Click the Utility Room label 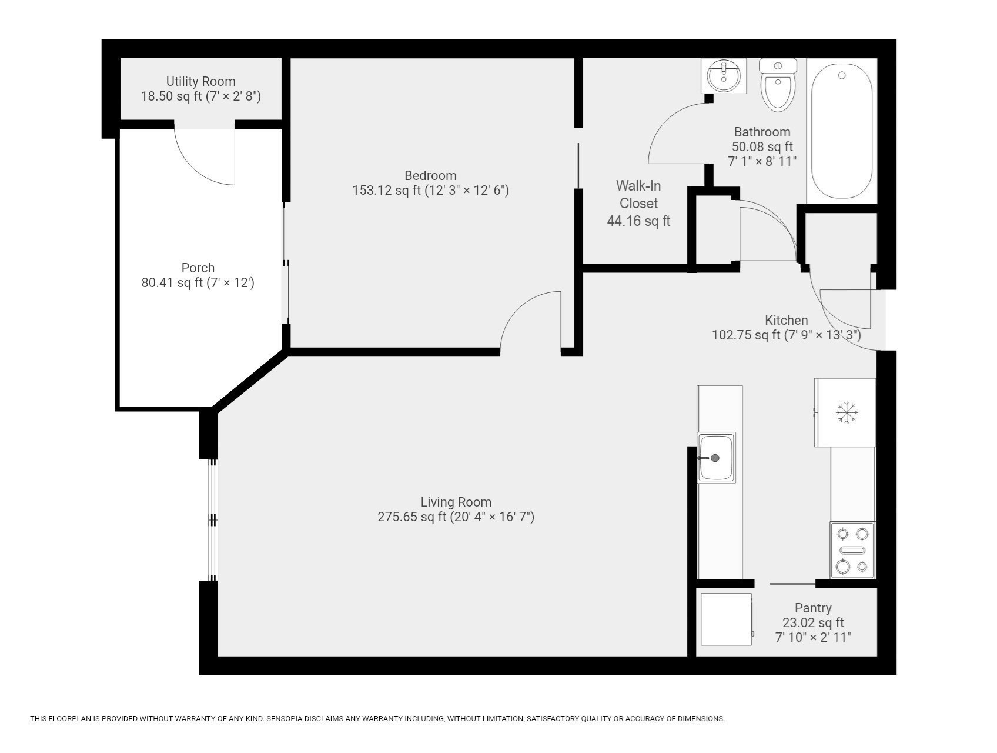(x=200, y=81)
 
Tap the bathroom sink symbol (x=723, y=76)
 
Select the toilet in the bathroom (x=777, y=85)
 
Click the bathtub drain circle (x=842, y=75)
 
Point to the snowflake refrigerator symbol (x=847, y=412)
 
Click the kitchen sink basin (x=716, y=458)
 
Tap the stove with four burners (x=852, y=550)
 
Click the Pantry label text (x=813, y=608)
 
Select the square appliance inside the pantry (x=726, y=619)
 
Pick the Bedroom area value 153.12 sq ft (x=386, y=191)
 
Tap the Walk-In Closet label (x=638, y=195)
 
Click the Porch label (x=198, y=268)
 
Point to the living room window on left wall (x=213, y=520)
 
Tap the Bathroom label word (x=762, y=132)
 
